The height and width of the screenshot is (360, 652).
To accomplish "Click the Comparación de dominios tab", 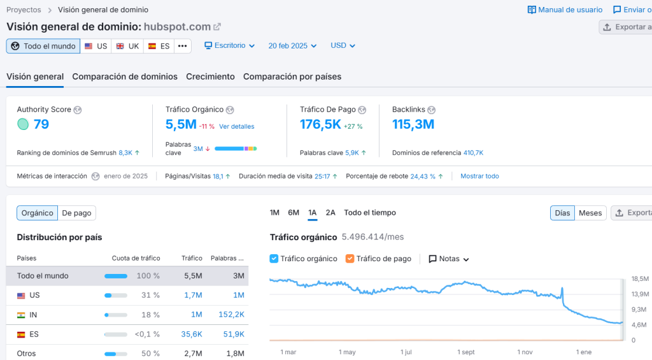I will pos(125,76).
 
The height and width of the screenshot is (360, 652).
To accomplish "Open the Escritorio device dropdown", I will pos(229,46).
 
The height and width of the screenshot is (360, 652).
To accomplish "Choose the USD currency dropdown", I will pos(343,46).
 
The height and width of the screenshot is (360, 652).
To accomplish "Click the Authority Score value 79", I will pos(41,124).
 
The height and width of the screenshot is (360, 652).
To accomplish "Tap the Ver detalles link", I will pos(237,126).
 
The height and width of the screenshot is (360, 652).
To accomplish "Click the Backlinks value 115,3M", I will pos(413,124).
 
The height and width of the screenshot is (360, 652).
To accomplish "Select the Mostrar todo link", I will pos(479,176).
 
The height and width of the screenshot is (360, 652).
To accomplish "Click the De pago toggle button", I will pos(76,213).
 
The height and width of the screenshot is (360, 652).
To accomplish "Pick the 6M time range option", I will pos(294,213).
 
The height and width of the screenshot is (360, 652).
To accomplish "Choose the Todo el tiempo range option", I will pos(370,213).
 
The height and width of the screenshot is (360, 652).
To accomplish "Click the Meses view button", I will pos(590,213).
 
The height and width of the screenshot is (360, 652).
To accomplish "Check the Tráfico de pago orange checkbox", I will pos(350,259).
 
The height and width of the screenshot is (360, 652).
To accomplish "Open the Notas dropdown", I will pos(449,259).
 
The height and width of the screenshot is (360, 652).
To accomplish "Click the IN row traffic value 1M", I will pos(196,315).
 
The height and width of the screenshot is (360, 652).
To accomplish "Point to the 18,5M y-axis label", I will pos(640,279).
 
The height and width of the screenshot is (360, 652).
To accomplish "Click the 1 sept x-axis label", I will pos(466,352).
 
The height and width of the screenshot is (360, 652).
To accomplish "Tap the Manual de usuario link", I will pos(565,10).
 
